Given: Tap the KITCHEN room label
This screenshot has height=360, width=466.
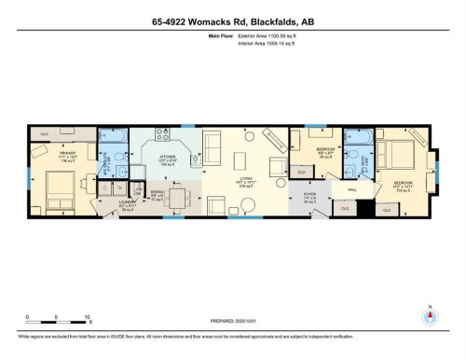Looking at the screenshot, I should (167, 158).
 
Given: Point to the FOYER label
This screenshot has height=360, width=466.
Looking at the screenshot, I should (310, 197).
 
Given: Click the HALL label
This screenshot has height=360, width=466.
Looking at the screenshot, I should (351, 190).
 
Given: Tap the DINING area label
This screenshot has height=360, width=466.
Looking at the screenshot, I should (158, 193).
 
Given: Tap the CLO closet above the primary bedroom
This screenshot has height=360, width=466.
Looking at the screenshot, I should (45, 133).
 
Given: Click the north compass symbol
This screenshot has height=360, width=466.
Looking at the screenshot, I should (429, 314).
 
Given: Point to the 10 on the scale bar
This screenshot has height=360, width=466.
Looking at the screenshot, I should (87, 317).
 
